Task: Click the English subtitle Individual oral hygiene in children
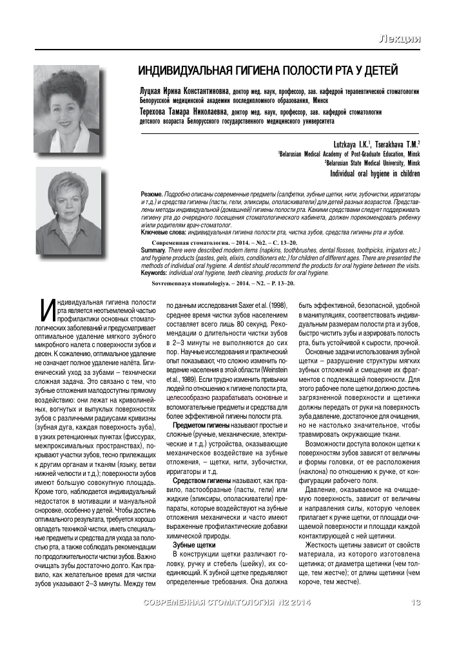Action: pyautogui.click(x=375, y=173)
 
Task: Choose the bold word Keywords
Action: pyautogui.click(x=155, y=272)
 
